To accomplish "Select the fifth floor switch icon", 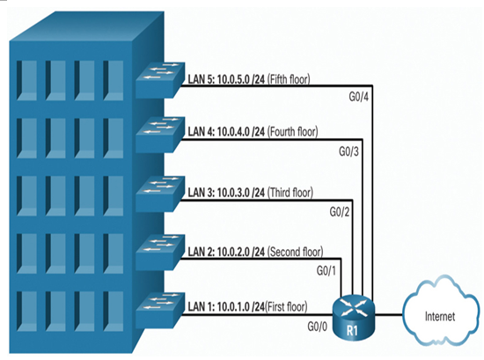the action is point(160,80).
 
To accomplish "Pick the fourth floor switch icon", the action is point(160,135).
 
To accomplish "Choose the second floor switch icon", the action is point(160,253).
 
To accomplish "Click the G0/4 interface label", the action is point(359,97).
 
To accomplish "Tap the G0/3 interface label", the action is point(348,151).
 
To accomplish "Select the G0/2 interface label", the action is point(340,212).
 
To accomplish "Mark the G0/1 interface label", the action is point(326,271).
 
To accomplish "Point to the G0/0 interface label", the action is point(317,326).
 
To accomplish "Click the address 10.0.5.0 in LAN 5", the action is point(233,79).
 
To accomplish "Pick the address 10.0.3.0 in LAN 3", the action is point(233,193).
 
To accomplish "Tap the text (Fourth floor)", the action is point(293,132).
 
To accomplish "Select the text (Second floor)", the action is point(295,252).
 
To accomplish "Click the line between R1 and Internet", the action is point(389,315).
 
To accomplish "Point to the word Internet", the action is point(440,317).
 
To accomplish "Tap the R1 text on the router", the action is point(352,331).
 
